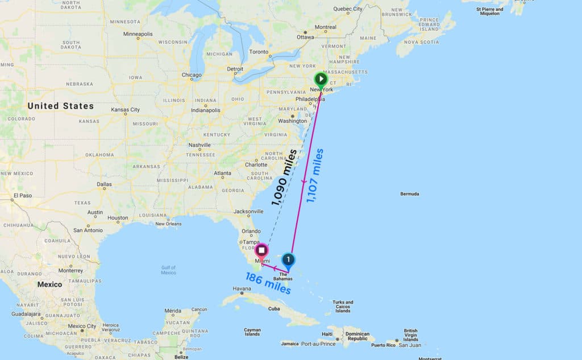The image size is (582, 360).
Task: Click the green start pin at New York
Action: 321,80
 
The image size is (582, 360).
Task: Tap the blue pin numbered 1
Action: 288,260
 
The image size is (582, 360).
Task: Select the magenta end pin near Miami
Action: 261,250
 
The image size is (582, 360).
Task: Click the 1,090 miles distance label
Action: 284,177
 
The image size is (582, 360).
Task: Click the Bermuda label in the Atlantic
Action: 409,194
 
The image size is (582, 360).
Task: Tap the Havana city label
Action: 242,289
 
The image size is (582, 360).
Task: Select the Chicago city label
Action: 192,75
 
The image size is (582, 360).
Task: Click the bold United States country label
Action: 60,106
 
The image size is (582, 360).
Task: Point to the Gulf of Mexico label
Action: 168,270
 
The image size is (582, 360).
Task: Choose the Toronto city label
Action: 259,52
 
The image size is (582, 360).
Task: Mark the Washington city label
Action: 293,121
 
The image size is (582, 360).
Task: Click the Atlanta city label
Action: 222,173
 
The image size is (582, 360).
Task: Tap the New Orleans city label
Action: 168,224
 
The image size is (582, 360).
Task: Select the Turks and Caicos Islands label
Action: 343,307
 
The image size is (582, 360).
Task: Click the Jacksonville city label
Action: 248,211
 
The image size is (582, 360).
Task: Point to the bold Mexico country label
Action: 49,284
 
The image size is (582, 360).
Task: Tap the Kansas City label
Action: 126,110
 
